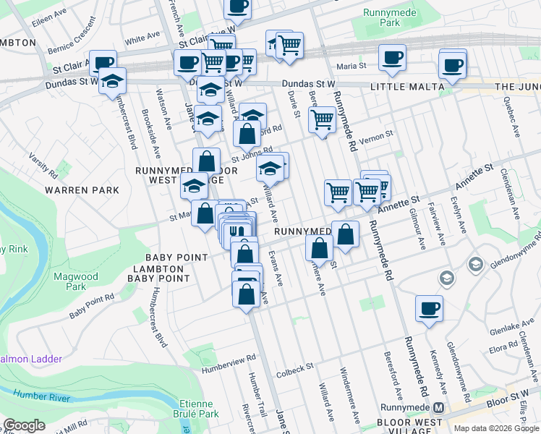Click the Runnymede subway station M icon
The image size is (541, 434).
pos(438,408)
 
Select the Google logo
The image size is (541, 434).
pos(25,425)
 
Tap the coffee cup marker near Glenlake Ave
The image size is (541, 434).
pos(429,309)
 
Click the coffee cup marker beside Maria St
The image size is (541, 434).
pos(392,58)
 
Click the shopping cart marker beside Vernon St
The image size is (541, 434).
pos(322,120)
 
